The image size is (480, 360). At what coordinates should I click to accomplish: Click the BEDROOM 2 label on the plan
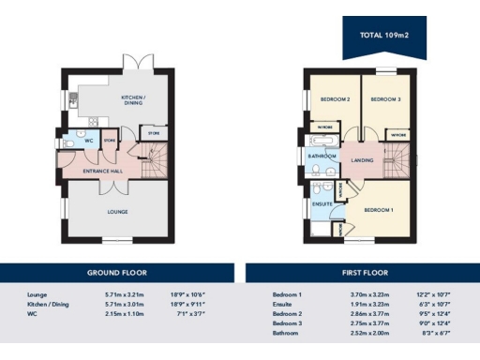[335, 99]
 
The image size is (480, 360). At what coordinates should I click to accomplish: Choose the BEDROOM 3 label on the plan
[385, 99]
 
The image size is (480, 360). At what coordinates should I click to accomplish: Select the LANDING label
[362, 160]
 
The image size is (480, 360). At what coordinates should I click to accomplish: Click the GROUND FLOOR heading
[117, 273]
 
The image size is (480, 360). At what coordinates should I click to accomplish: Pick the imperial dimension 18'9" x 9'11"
[189, 304]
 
